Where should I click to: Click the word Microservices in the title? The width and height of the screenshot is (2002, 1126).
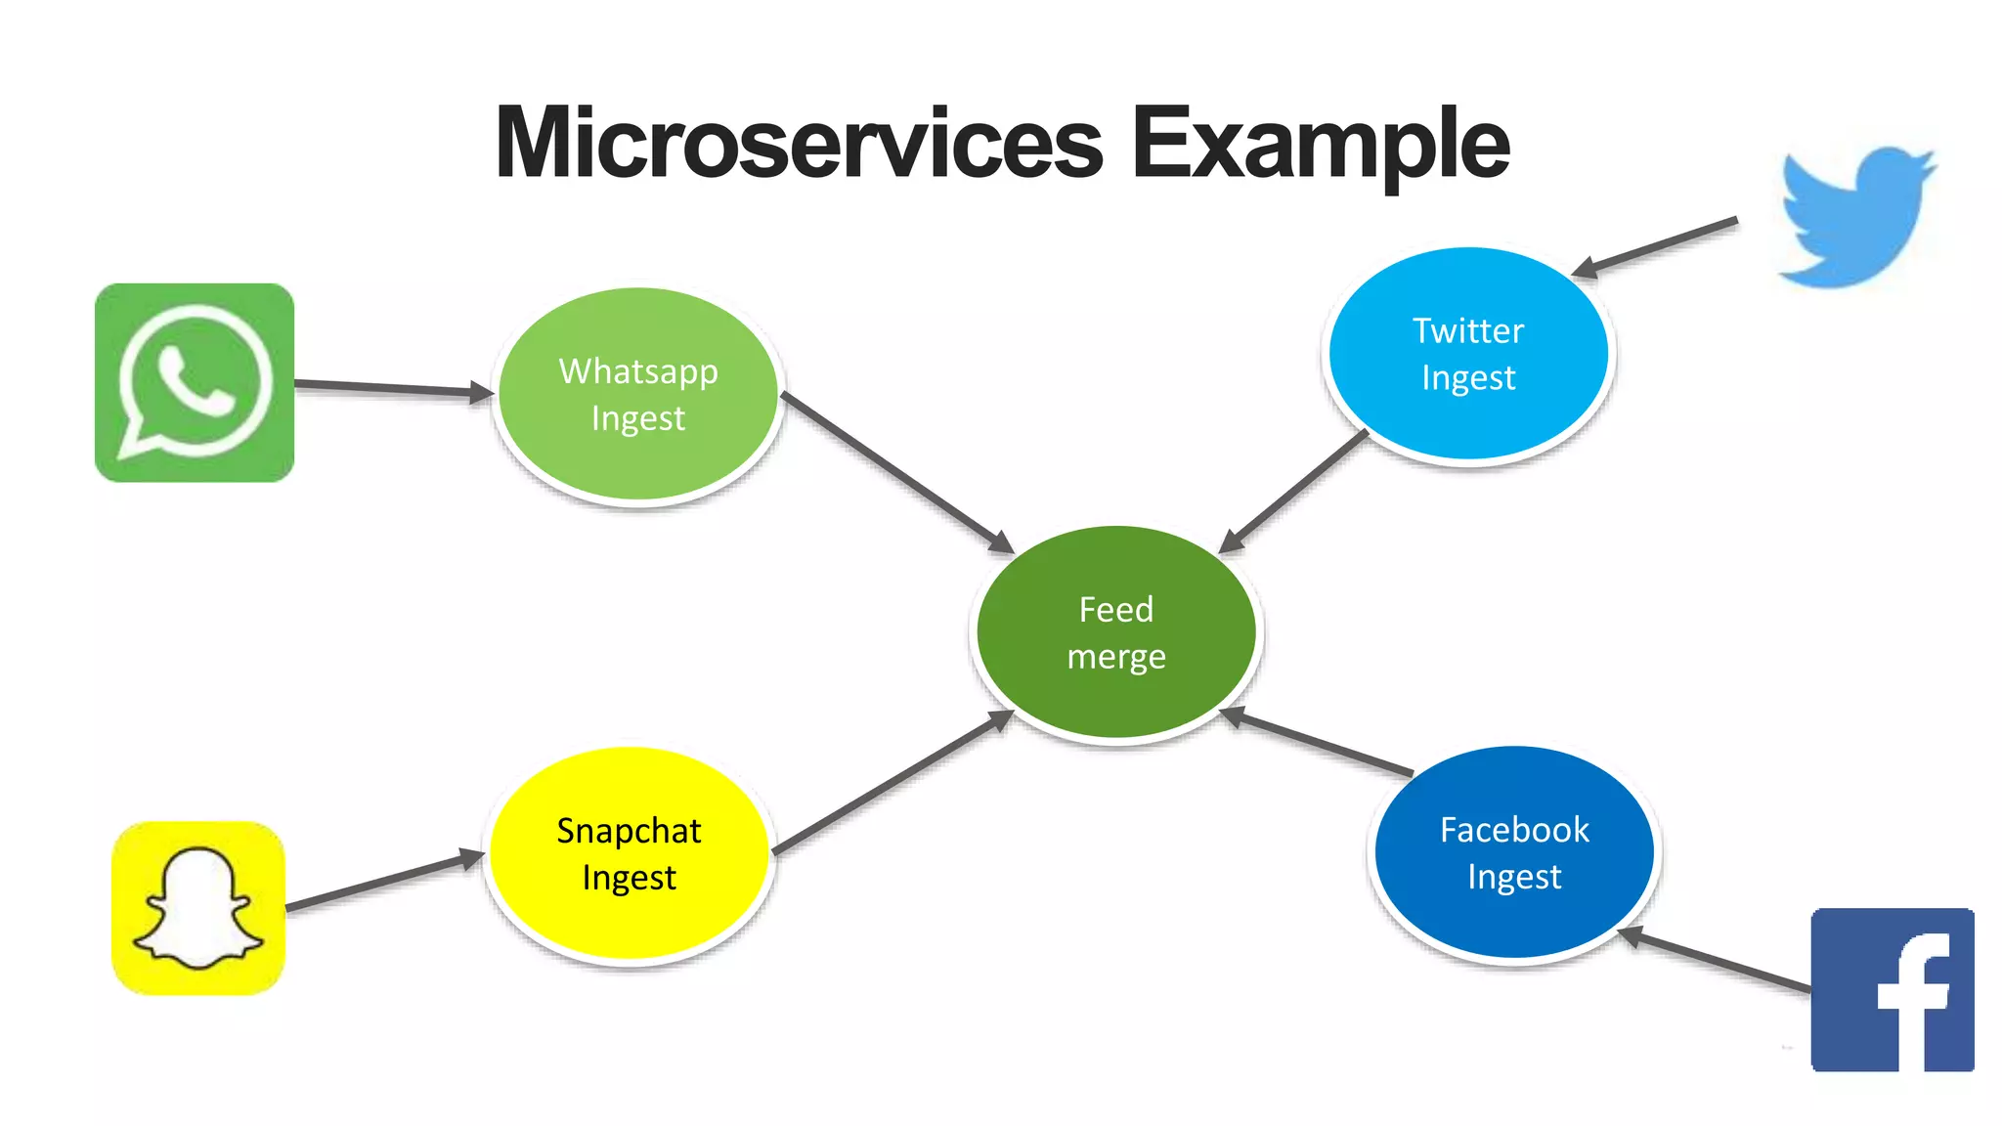[799, 145]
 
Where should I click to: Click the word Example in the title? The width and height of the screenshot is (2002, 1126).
[1320, 145]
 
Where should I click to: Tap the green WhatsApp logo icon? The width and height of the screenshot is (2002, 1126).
[195, 382]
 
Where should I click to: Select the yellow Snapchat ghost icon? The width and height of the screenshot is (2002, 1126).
[198, 908]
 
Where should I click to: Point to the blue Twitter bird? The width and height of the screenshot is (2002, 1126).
[1854, 217]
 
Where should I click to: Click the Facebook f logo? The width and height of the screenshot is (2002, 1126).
[1893, 989]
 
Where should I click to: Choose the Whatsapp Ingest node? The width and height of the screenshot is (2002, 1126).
[638, 395]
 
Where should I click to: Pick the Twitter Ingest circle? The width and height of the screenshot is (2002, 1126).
[1467, 354]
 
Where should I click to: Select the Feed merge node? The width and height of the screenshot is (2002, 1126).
[1115, 632]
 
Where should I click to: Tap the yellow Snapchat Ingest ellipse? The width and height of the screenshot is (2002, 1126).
[629, 853]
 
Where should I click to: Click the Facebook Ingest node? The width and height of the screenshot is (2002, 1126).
[1513, 852]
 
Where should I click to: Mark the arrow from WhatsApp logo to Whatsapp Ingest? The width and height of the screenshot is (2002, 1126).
[391, 388]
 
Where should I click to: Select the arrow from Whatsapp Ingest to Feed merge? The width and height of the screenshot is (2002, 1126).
[897, 472]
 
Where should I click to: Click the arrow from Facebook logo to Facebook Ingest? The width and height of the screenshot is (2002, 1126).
[1716, 962]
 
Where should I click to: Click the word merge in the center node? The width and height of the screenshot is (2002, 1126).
[1115, 657]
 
